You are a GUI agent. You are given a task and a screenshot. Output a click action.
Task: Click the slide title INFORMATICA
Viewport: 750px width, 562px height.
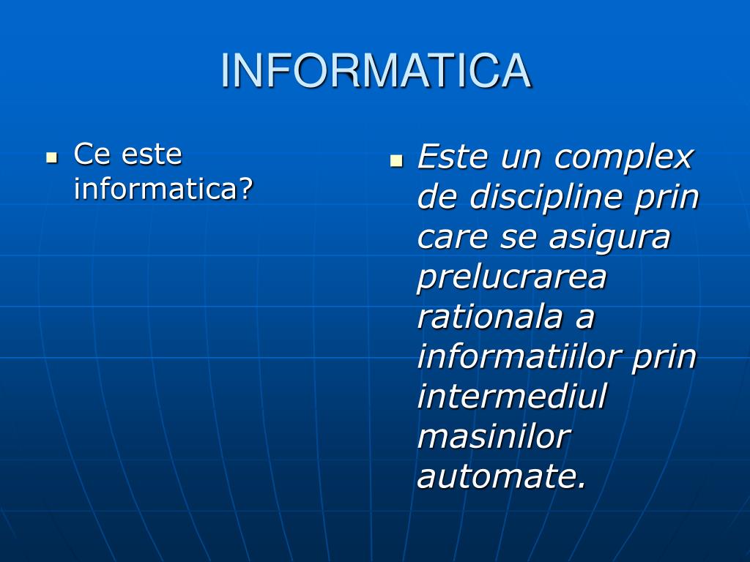pyautogui.click(x=375, y=71)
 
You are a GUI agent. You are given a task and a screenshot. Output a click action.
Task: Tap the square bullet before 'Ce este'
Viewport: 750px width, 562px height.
pyautogui.click(x=51, y=157)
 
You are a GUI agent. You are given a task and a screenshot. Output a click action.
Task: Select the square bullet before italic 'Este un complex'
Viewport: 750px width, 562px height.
pyautogui.click(x=396, y=160)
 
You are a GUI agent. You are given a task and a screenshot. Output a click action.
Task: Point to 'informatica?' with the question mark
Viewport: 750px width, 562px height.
pyautogui.click(x=163, y=190)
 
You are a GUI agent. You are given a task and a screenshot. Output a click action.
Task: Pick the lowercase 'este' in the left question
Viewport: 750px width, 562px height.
pyautogui.click(x=152, y=154)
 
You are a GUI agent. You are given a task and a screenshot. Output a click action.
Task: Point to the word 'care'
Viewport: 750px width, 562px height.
pyautogui.click(x=452, y=237)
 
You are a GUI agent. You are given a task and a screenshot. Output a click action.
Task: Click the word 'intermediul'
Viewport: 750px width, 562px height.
pyautogui.click(x=512, y=397)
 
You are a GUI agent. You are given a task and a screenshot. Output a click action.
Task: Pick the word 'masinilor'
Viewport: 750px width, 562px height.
pyautogui.click(x=494, y=438)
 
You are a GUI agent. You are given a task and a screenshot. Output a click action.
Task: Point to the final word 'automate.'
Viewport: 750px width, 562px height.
pyautogui.click(x=502, y=477)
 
